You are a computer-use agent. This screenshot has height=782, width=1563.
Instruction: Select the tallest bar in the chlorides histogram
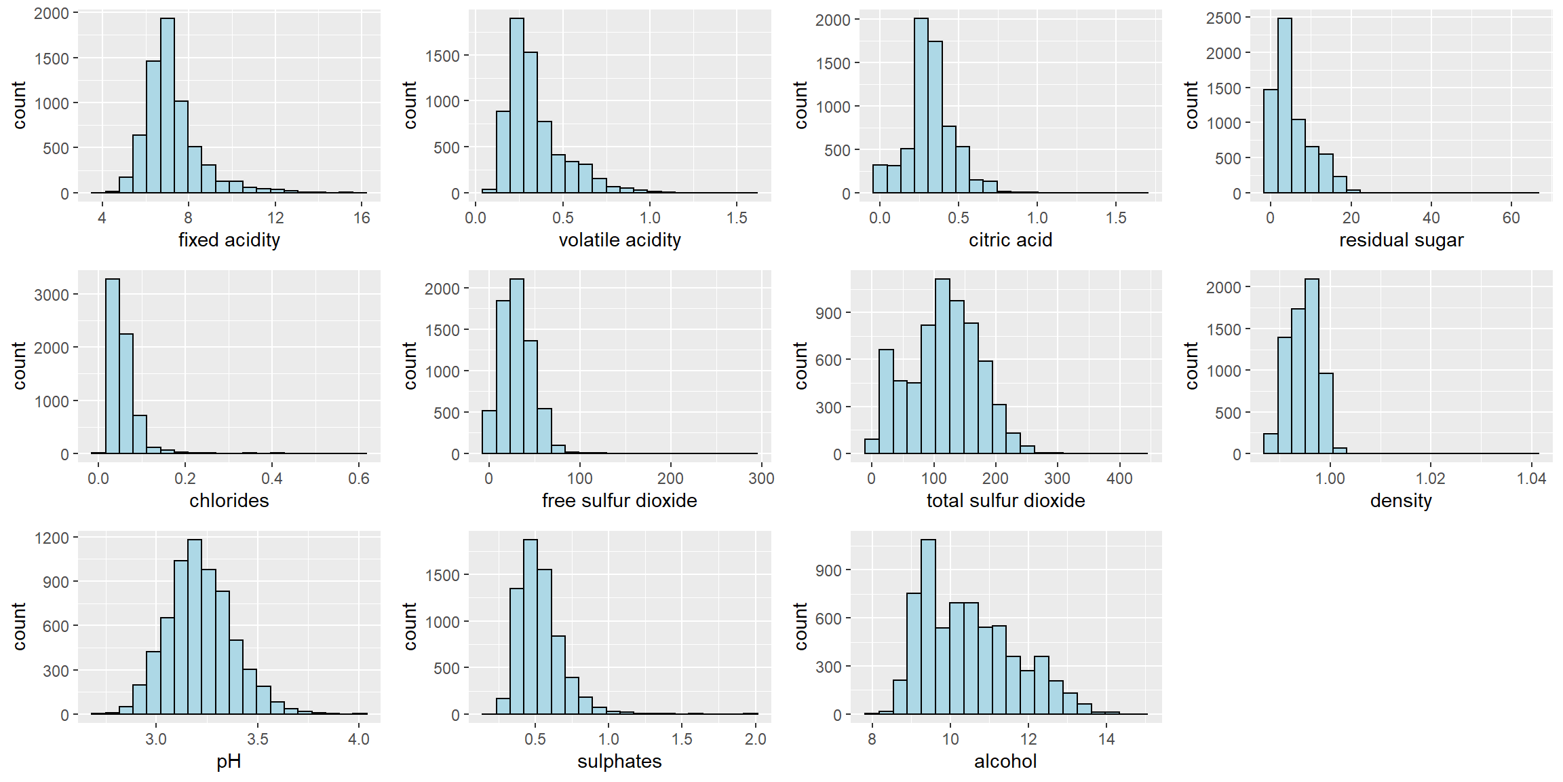click(x=113, y=366)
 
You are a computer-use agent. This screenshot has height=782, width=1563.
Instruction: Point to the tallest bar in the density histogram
click(x=1312, y=366)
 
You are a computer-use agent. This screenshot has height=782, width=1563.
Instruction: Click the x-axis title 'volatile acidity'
click(x=619, y=240)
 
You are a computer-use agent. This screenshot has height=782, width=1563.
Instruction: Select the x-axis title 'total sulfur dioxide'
click(x=1005, y=501)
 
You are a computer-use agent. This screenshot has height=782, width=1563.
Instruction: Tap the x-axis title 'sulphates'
click(x=619, y=762)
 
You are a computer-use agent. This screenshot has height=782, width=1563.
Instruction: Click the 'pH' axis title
click(x=229, y=762)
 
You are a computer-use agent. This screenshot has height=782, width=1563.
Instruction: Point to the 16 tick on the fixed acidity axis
click(x=362, y=218)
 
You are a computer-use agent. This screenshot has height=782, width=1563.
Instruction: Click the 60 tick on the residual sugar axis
click(x=1511, y=218)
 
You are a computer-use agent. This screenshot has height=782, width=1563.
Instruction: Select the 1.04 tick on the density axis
click(x=1531, y=479)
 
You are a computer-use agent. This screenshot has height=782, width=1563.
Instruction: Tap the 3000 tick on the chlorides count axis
click(x=52, y=295)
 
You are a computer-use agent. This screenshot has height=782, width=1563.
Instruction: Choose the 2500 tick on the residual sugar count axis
click(x=1223, y=18)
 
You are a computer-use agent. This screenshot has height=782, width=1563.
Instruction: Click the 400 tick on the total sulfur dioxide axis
click(x=1119, y=479)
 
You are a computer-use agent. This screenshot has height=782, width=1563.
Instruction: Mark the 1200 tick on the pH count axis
click(x=52, y=538)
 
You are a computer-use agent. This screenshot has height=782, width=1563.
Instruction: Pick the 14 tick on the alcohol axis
click(x=1106, y=739)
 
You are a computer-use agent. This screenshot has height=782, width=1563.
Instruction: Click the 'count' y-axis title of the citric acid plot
click(x=801, y=105)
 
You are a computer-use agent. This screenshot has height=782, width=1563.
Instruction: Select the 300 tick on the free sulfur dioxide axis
click(x=761, y=479)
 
